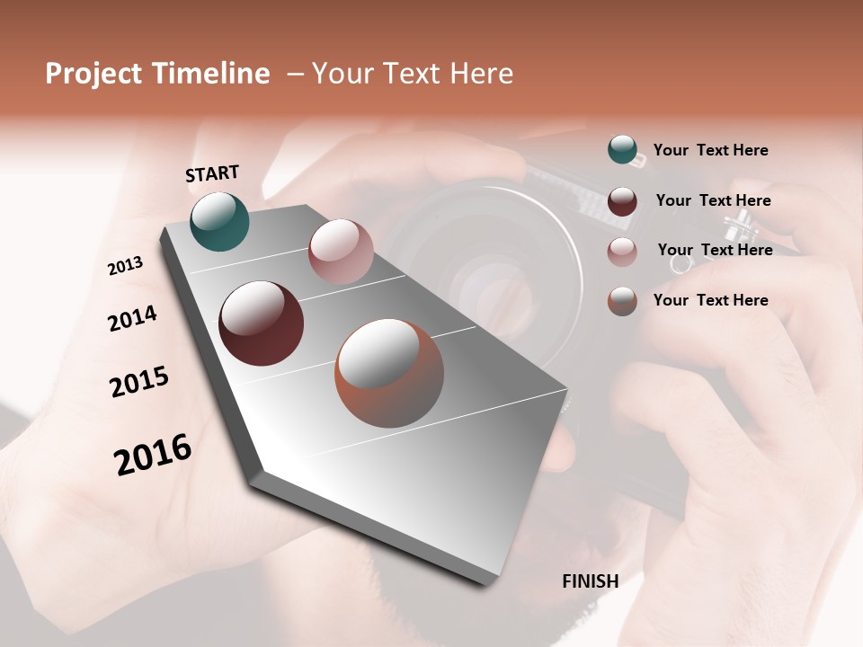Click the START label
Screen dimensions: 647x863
point(212,173)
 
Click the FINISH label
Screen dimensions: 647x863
point(590,581)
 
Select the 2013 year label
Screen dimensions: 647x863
point(126,266)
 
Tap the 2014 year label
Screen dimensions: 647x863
point(132,318)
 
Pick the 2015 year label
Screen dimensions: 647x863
point(139,382)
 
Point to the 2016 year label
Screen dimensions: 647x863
point(153,455)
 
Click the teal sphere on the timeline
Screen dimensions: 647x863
point(220,221)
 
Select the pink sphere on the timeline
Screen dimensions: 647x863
point(341,252)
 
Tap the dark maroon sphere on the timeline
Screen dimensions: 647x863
point(262,323)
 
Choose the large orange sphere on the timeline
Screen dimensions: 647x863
point(389,373)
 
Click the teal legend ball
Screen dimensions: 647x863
point(622,150)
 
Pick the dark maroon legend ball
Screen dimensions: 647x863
point(622,200)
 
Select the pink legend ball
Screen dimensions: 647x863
point(622,251)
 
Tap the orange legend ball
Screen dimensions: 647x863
point(622,301)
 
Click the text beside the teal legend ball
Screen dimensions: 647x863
point(710,150)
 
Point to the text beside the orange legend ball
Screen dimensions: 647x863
point(710,300)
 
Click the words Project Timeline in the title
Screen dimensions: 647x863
point(157,74)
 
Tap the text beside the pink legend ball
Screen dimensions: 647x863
point(715,250)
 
